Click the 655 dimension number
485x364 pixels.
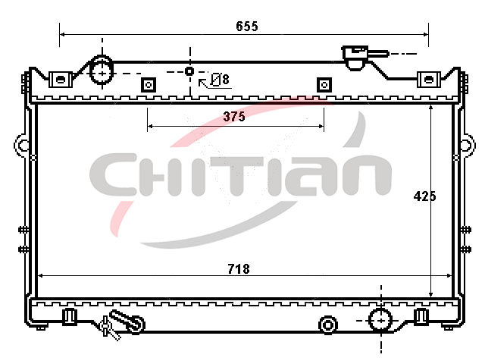[x=247, y=27]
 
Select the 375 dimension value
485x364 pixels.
[x=234, y=117]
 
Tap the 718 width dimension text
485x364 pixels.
[x=239, y=269]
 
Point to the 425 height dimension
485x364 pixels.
[x=424, y=196]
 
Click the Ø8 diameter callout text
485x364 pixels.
[x=220, y=80]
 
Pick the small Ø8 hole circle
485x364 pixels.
[x=189, y=71]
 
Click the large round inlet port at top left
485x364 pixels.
[x=102, y=73]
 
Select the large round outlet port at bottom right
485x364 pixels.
[x=380, y=320]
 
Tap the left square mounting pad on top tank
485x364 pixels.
[x=149, y=85]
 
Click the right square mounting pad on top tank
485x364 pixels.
[x=324, y=85]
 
